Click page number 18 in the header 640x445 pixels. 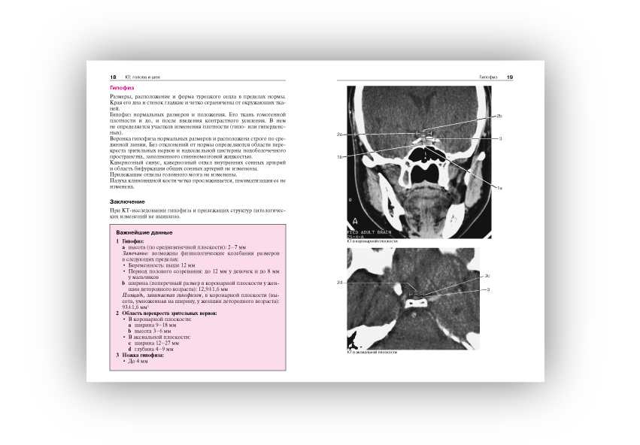tap(113, 77)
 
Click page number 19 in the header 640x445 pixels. tap(510, 77)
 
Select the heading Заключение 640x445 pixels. tap(127, 201)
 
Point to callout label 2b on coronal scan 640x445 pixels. tap(499, 117)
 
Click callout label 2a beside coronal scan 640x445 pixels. tap(340, 134)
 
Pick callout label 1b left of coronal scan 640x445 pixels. tap(340, 157)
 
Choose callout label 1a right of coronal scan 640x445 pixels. tap(499, 187)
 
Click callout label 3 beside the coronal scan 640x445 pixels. tap(500, 139)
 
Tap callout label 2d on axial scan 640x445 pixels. tap(341, 282)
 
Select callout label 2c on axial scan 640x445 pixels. tap(487, 276)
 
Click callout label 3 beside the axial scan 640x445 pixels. tap(489, 289)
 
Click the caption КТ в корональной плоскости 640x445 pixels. tap(372, 241)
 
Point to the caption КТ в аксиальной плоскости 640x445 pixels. tap(372, 352)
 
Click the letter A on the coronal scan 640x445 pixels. tap(355, 221)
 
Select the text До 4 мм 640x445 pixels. tap(142, 362)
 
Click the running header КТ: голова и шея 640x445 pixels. tap(142, 77)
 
